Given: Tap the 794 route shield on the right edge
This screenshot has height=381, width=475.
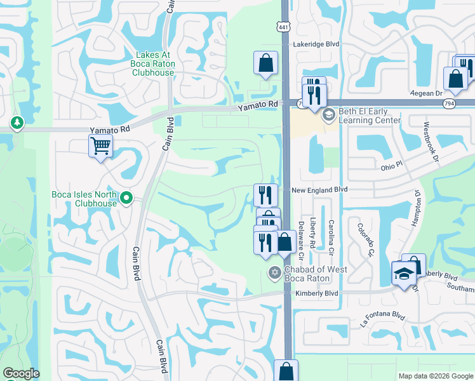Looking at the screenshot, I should pos(467,102).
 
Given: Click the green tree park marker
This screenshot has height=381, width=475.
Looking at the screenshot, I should pos(16,122).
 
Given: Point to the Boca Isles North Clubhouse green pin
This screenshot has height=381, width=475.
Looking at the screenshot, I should pos(126,199).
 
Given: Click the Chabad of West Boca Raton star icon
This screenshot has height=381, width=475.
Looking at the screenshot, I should pos(274,274).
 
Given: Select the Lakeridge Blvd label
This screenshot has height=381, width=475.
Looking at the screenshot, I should pos(316,44).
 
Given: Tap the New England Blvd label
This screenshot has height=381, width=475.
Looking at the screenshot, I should pos(320,190).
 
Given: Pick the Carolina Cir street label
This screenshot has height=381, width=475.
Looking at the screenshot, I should pos(331,234).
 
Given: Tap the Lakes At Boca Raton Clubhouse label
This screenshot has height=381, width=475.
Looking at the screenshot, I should pos(152,63).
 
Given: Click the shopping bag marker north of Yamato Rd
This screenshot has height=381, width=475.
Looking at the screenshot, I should pos(265,63).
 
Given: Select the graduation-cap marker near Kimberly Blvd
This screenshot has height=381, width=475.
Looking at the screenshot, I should pos(403,274).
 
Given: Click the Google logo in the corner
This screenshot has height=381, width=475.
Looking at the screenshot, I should pos(22,373).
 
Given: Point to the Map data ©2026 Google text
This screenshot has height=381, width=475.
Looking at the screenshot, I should pos(435,376).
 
